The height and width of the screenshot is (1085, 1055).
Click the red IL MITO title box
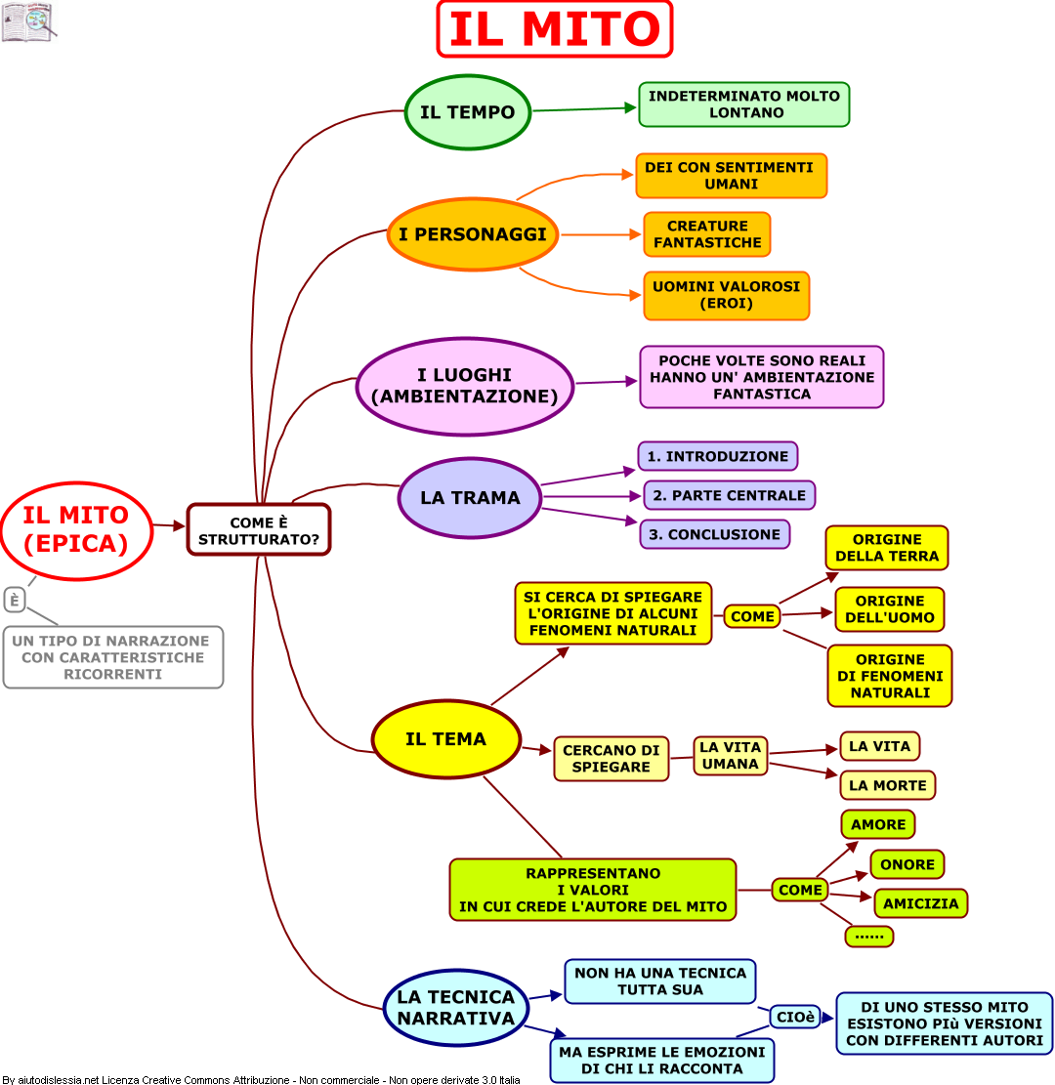click(x=554, y=29)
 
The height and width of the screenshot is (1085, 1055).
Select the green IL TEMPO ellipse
click(x=467, y=112)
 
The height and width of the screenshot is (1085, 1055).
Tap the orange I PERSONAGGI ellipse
click(x=473, y=234)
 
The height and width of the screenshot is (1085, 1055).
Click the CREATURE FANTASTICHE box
click(x=706, y=234)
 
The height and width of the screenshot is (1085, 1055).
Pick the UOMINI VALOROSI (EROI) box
click(x=726, y=295)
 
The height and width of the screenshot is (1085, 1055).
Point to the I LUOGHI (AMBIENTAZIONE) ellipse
click(x=464, y=386)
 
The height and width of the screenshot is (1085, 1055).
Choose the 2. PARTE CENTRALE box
click(x=729, y=495)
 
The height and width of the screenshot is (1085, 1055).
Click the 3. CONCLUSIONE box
click(x=714, y=534)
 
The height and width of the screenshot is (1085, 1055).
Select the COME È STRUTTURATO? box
click(x=259, y=529)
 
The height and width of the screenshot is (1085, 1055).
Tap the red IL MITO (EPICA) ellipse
click(x=76, y=529)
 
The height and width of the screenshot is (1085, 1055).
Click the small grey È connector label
click(x=15, y=600)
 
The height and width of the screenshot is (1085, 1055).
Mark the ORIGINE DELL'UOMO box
click(x=889, y=609)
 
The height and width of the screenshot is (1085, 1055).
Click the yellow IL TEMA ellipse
click(x=445, y=739)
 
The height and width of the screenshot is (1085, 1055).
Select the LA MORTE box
click(x=887, y=785)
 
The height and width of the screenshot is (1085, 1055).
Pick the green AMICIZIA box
click(x=920, y=903)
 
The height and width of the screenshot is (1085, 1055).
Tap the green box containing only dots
click(x=868, y=936)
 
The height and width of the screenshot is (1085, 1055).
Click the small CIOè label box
click(x=795, y=1017)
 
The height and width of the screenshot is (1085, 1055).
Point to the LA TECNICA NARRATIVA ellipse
click(x=455, y=1008)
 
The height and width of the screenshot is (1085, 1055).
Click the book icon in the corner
click(x=27, y=21)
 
